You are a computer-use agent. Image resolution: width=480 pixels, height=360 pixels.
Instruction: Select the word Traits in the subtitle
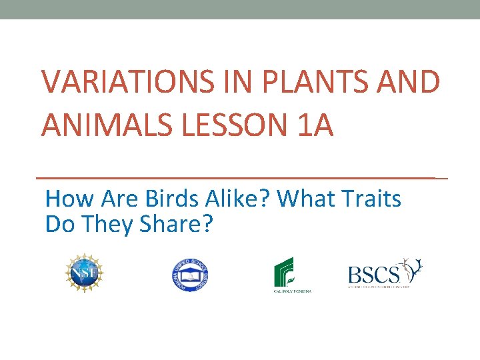click(x=373, y=199)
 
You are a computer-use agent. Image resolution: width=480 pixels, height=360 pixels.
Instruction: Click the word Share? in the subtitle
click(x=176, y=225)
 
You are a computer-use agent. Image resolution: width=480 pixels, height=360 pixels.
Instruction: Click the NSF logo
click(x=85, y=273)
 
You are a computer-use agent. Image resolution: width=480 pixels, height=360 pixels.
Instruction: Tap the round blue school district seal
click(x=189, y=274)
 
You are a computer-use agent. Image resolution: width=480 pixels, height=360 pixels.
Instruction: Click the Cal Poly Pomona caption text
click(x=292, y=291)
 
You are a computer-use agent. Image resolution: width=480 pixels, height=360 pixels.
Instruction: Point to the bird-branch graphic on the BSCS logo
click(x=411, y=269)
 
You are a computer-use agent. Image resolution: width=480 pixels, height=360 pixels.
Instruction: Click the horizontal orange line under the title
click(x=240, y=178)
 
